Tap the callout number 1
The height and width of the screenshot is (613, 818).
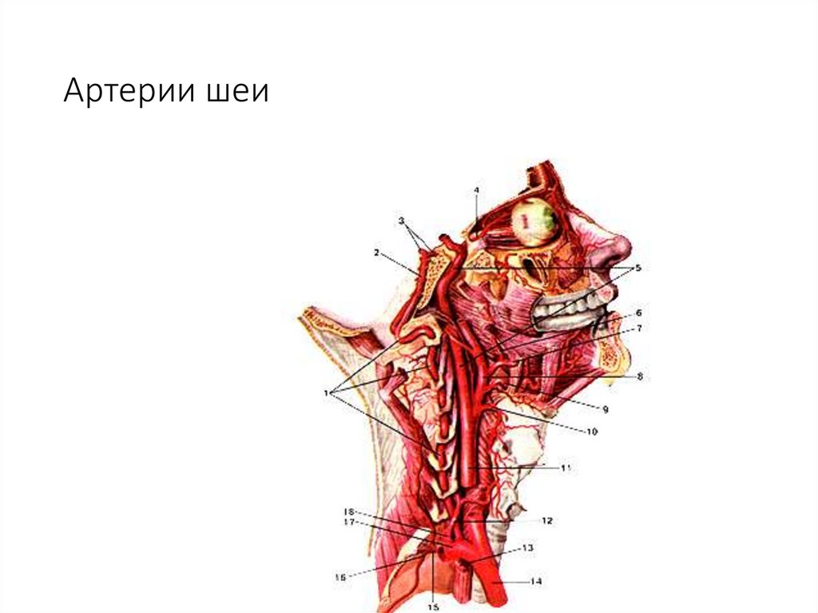point(327,392)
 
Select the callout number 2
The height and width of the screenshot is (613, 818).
point(375,253)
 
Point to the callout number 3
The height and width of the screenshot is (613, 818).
point(403,220)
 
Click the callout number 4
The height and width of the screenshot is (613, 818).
point(476,190)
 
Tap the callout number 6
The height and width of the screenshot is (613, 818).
point(638,312)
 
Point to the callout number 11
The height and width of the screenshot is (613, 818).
point(566,468)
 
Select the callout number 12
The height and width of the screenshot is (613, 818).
point(546,520)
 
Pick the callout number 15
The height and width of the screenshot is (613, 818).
point(433,607)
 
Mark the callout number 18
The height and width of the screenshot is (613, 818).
point(348,511)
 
